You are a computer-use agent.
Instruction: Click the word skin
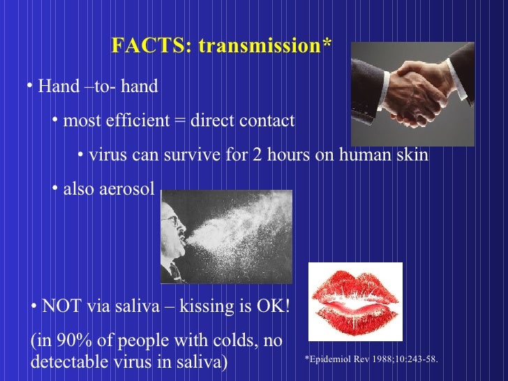click(x=412, y=154)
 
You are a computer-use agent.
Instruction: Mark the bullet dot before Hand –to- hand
click(x=31, y=87)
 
